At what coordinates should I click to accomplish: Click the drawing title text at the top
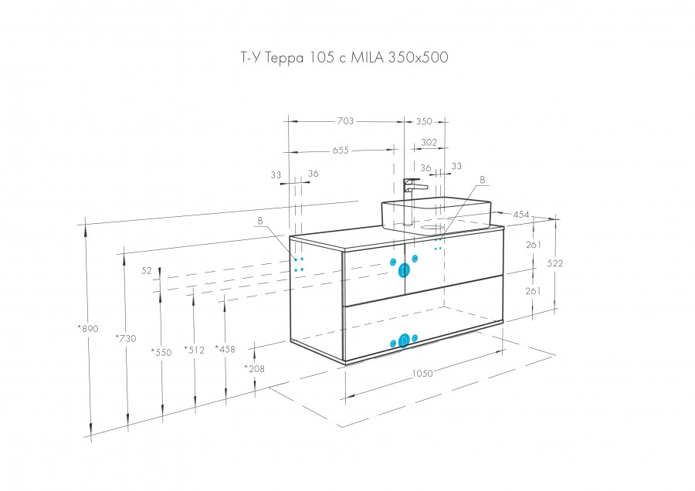coord(341,58)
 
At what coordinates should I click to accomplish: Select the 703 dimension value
coord(345,121)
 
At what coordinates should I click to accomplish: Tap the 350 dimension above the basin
coord(424,121)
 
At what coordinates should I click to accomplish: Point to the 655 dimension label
coord(341,151)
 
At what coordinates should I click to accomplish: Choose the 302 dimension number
coord(429,142)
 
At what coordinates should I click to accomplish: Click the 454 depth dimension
coord(521,214)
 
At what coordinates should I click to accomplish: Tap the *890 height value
coord(87,329)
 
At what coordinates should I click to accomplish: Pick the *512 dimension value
coord(194,350)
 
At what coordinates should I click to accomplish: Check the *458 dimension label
coord(225,348)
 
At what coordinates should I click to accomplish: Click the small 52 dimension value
coord(147,271)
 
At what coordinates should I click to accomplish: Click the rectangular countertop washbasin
coord(436,212)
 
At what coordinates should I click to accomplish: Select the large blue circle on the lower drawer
coord(403,342)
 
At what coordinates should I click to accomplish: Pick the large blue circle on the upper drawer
coord(403,270)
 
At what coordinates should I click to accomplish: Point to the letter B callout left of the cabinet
coord(260,221)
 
